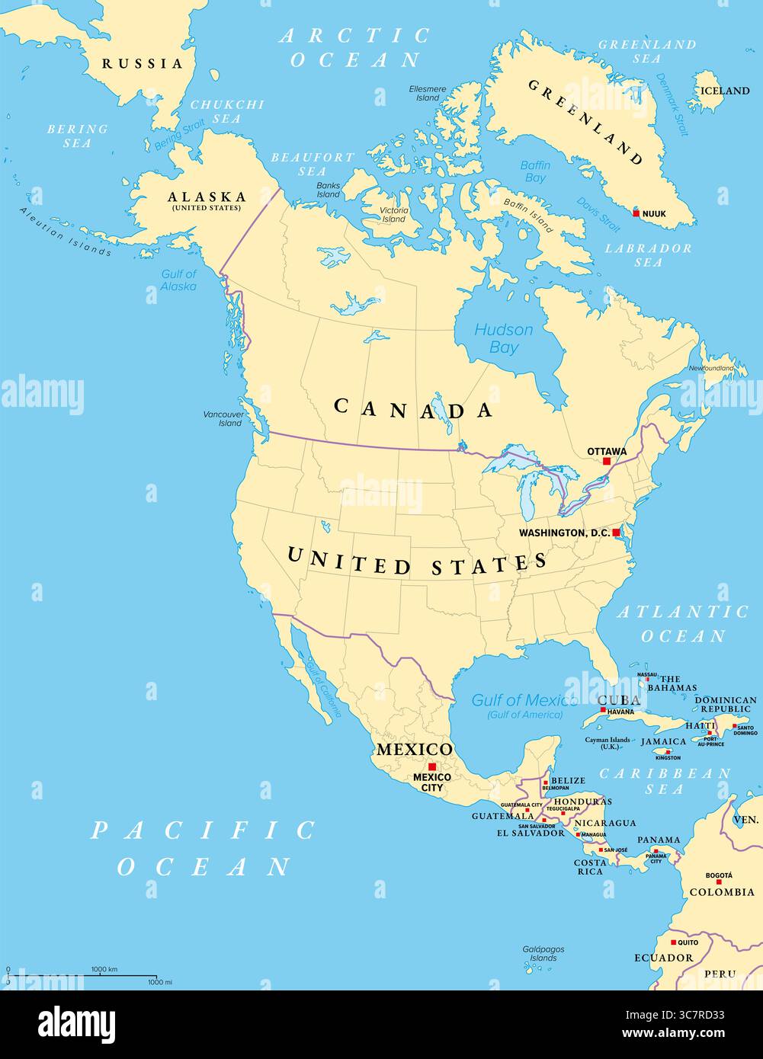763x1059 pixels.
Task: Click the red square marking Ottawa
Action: point(607,461)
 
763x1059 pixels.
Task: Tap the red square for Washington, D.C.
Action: point(616,533)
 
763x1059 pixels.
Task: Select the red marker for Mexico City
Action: point(432,766)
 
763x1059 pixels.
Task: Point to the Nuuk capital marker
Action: point(636,213)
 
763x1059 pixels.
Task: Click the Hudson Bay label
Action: point(504,339)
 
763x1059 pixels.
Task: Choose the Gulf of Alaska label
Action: point(179,280)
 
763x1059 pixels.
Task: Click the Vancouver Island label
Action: point(223,418)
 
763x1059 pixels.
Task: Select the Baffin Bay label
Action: point(535,171)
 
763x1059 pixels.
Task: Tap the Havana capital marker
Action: point(602,711)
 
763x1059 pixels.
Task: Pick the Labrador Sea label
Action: point(649,255)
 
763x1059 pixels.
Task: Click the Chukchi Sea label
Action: point(226,111)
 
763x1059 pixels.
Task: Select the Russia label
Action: point(143,64)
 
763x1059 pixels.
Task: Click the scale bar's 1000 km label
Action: point(104,969)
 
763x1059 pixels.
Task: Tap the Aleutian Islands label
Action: point(66,232)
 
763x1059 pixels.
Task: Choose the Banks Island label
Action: point(329,190)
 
